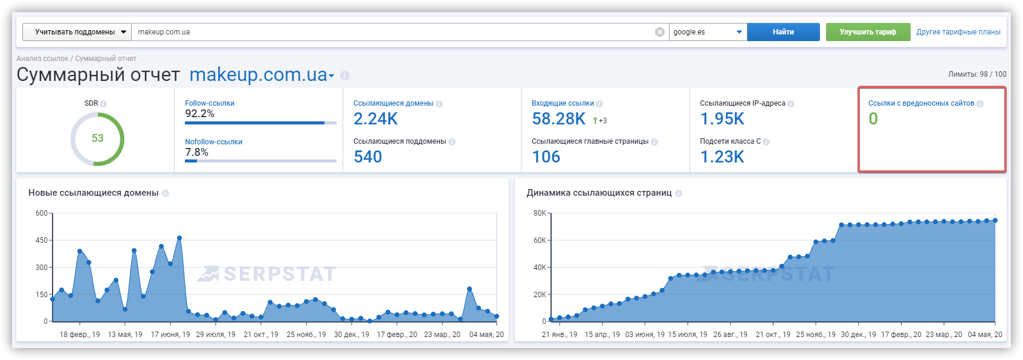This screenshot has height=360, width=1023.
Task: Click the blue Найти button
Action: point(783,32)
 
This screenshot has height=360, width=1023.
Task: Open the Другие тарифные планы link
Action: point(958,32)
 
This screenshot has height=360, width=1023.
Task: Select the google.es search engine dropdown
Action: point(708,32)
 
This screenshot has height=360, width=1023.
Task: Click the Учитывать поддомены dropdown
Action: point(77,32)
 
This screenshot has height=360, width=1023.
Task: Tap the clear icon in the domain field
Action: point(659,32)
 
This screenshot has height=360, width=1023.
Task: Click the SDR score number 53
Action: point(97,138)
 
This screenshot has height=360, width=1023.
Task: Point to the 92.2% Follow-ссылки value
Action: point(199,114)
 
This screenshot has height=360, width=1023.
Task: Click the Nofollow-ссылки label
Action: point(213,142)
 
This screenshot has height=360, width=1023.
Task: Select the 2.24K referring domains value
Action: point(375,118)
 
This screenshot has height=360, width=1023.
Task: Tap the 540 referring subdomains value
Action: point(367,157)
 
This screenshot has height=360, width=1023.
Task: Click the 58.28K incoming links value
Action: point(558,118)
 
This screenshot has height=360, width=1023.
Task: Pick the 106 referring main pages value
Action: point(546,157)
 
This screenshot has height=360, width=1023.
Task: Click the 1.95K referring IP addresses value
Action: point(722,118)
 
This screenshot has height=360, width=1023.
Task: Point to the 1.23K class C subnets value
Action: point(722,157)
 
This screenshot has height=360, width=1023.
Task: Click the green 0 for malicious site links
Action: point(873,118)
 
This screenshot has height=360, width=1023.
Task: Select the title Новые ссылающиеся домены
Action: point(93,193)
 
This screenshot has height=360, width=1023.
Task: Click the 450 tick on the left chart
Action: point(42,240)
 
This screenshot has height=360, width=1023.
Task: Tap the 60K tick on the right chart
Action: point(540,240)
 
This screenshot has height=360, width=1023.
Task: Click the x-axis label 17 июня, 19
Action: point(170,335)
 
